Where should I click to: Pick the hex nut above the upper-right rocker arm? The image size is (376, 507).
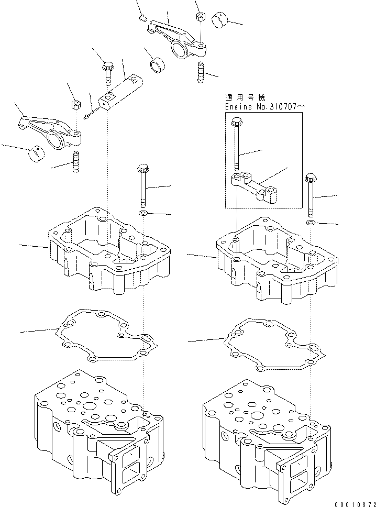[200, 17]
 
